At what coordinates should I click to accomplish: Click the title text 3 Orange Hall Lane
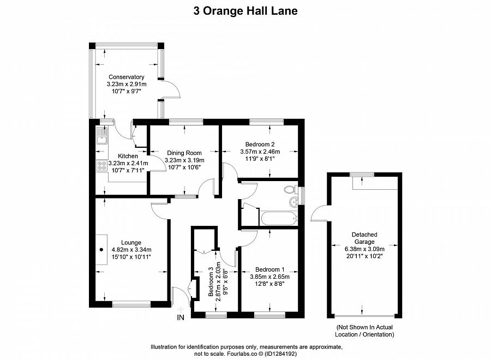pyautogui.click(x=245, y=10)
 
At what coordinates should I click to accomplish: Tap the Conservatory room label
pyautogui.click(x=126, y=77)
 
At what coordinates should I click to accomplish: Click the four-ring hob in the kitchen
pyautogui.click(x=101, y=166)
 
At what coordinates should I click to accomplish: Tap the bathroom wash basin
pyautogui.click(x=294, y=203)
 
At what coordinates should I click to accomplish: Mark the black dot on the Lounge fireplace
pyautogui.click(x=101, y=250)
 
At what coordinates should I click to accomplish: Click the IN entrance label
pyautogui.click(x=181, y=317)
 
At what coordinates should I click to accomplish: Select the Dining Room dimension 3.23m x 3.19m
pyautogui.click(x=184, y=160)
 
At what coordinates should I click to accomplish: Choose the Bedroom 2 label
pyautogui.click(x=260, y=144)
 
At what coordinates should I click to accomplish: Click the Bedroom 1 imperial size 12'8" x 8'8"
pyautogui.click(x=267, y=284)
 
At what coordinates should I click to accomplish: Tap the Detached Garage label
pyautogui.click(x=364, y=238)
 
